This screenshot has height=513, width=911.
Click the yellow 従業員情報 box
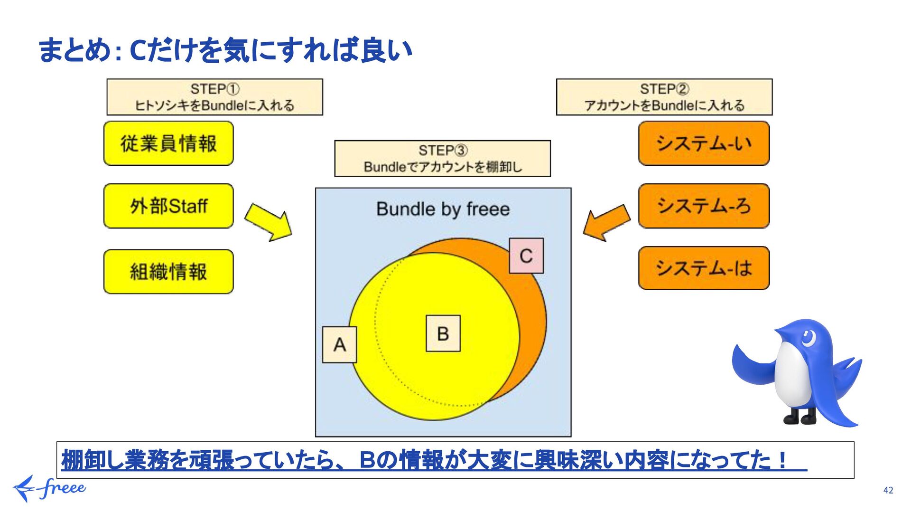tap(168, 143)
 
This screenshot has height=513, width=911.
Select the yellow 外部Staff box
tap(168, 206)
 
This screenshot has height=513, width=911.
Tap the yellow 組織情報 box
tap(168, 272)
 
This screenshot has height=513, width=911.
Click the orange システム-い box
tap(704, 143)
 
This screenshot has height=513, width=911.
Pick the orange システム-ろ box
tap(704, 206)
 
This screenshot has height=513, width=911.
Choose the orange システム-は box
tap(704, 268)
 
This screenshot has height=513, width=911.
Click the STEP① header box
tap(214, 97)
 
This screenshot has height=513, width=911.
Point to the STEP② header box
tap(664, 97)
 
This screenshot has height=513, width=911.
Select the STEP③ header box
tap(442, 159)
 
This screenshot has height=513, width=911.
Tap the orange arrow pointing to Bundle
tap(606, 222)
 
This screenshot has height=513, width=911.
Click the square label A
tap(339, 345)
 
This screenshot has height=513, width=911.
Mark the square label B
tap(443, 333)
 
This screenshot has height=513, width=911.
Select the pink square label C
tap(526, 256)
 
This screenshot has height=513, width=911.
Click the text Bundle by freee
tap(443, 209)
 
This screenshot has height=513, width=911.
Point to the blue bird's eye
tap(808, 338)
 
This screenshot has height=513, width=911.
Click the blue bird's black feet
tap(799, 417)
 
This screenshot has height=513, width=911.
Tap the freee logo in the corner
tap(49, 488)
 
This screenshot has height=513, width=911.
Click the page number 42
tap(888, 490)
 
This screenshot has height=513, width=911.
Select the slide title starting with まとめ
tap(225, 50)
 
